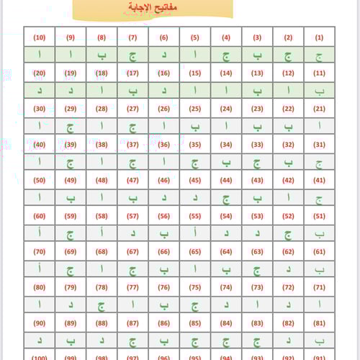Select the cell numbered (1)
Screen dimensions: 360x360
coord(319,37)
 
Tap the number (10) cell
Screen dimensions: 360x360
coord(39,37)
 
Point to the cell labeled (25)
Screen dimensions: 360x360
coord(194,109)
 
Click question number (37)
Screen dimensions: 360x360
coord(132,144)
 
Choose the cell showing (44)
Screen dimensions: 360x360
coord(225,180)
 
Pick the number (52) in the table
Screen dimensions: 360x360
coord(288,215)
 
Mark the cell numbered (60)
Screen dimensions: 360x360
coord(39,215)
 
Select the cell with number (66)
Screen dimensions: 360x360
coord(163,251)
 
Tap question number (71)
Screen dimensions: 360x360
coord(319,287)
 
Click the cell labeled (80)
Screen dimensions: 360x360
coord(39,287)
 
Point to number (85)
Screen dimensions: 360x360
coord(194,322)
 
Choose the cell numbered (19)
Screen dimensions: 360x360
coord(70,73)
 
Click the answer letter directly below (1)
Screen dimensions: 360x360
coord(319,55)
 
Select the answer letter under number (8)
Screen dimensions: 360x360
coord(102,55)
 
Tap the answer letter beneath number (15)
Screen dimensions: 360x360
coord(194,91)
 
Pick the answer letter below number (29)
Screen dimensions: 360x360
coord(70,126)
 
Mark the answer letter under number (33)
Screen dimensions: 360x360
coord(257,162)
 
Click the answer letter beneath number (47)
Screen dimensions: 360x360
coord(132,197)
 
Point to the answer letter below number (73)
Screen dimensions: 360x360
coord(257,304)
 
